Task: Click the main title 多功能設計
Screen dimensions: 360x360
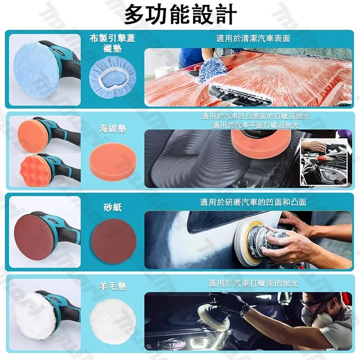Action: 180,15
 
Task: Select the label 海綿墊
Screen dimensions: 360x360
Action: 113,128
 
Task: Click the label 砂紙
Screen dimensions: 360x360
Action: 113,208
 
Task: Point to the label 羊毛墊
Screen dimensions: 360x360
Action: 113,287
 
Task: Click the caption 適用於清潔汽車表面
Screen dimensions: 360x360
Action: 253,38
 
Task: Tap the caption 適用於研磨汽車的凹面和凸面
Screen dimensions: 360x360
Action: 253,202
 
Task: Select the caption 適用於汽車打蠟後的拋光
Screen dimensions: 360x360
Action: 253,283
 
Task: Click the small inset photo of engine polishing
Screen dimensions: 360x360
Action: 325,162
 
